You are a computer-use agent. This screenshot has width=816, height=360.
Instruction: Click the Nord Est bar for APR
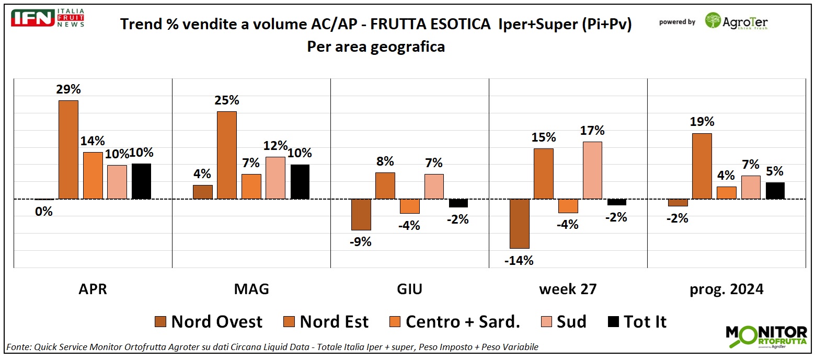[x=68, y=149]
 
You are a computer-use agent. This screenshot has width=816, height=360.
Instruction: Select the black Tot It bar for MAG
[x=300, y=182]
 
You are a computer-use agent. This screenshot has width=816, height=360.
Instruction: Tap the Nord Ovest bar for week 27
[x=520, y=224]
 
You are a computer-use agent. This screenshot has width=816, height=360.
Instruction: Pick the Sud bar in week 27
[x=592, y=170]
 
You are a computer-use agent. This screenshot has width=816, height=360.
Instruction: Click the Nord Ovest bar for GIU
[x=361, y=214]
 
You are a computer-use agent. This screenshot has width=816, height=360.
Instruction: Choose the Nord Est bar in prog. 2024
[x=702, y=166]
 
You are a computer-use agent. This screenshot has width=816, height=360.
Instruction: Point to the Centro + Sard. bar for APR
[x=93, y=176]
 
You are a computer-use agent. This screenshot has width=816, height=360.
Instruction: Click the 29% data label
[x=68, y=89]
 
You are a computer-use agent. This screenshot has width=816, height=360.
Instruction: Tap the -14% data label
[x=519, y=260]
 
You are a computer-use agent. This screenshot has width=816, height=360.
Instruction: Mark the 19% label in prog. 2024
[x=702, y=122]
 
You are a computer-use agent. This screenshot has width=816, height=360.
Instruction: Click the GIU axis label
[x=409, y=289]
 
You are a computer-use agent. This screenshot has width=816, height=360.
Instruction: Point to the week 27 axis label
[x=568, y=289]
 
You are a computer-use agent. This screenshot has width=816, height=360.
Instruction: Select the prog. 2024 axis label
[x=726, y=289]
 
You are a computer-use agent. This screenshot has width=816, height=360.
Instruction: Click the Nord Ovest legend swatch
[x=160, y=322]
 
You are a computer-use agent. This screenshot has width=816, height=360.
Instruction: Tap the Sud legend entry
[x=561, y=322]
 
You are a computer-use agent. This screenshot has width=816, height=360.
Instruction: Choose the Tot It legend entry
[x=637, y=322]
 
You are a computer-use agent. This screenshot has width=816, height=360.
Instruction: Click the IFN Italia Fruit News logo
[x=48, y=18]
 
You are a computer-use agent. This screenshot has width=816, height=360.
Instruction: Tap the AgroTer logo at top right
[x=736, y=21]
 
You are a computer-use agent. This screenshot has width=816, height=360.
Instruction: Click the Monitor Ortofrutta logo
[x=766, y=336]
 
